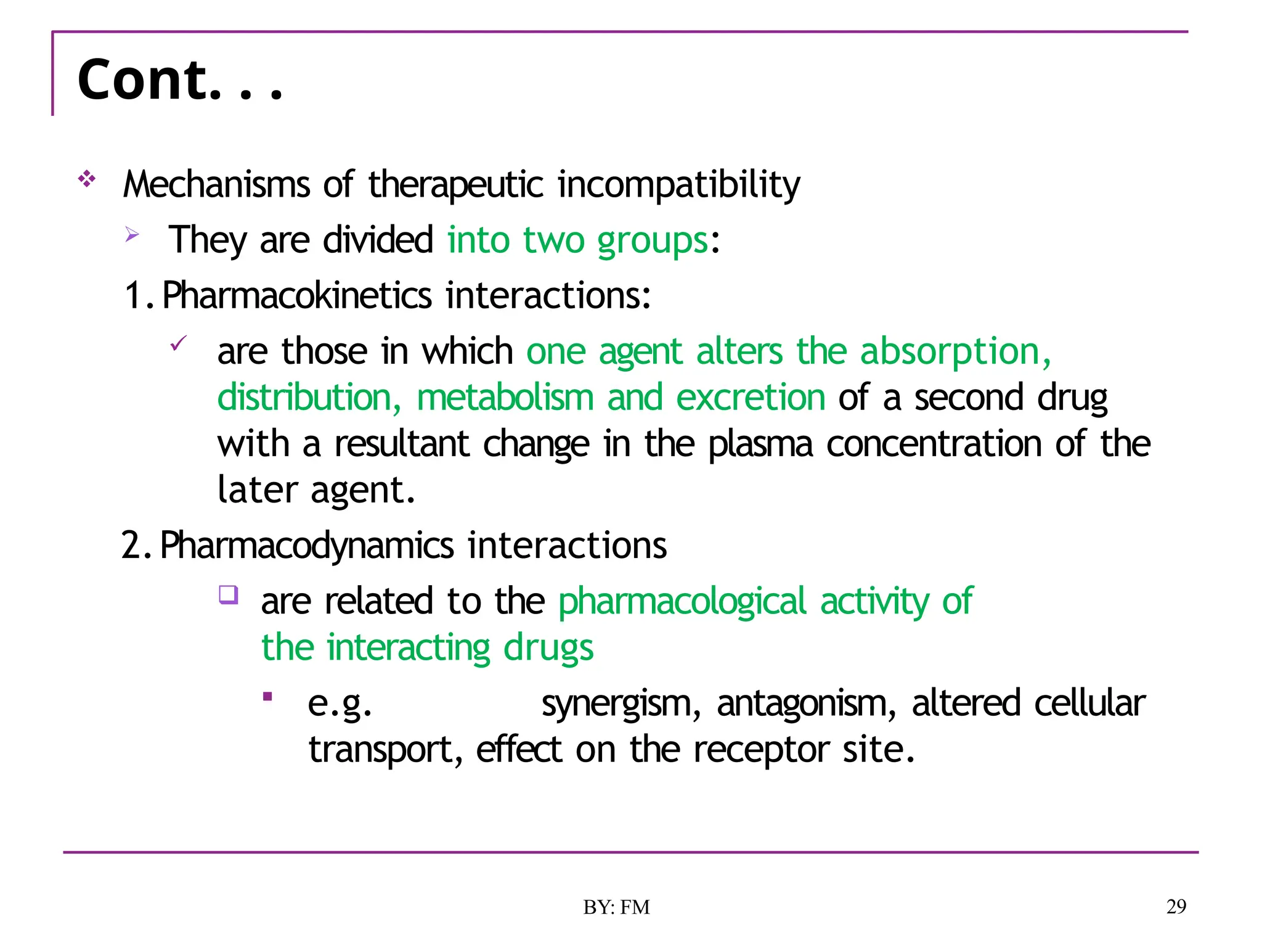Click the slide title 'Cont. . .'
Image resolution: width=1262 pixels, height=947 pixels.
coord(180,80)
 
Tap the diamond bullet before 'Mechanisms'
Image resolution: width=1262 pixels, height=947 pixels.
coord(87,179)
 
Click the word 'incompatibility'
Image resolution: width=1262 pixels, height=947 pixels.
coord(678,184)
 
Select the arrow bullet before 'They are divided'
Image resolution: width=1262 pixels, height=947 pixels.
coord(132,234)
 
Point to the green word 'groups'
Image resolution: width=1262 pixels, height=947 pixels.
coord(653,240)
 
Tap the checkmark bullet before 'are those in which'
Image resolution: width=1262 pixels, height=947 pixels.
coord(178,343)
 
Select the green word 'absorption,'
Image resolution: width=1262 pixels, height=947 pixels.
coord(955,351)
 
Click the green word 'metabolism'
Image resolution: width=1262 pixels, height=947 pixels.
coord(505,398)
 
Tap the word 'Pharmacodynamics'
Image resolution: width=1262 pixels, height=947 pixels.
coord(307,546)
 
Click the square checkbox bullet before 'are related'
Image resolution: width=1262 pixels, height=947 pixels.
coord(229,595)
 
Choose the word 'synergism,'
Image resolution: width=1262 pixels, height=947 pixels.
coord(621,703)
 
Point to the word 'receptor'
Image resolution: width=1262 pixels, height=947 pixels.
coord(760,750)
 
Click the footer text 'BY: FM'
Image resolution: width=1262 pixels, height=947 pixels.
coord(616,907)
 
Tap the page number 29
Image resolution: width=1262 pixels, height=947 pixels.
coord(1176,906)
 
